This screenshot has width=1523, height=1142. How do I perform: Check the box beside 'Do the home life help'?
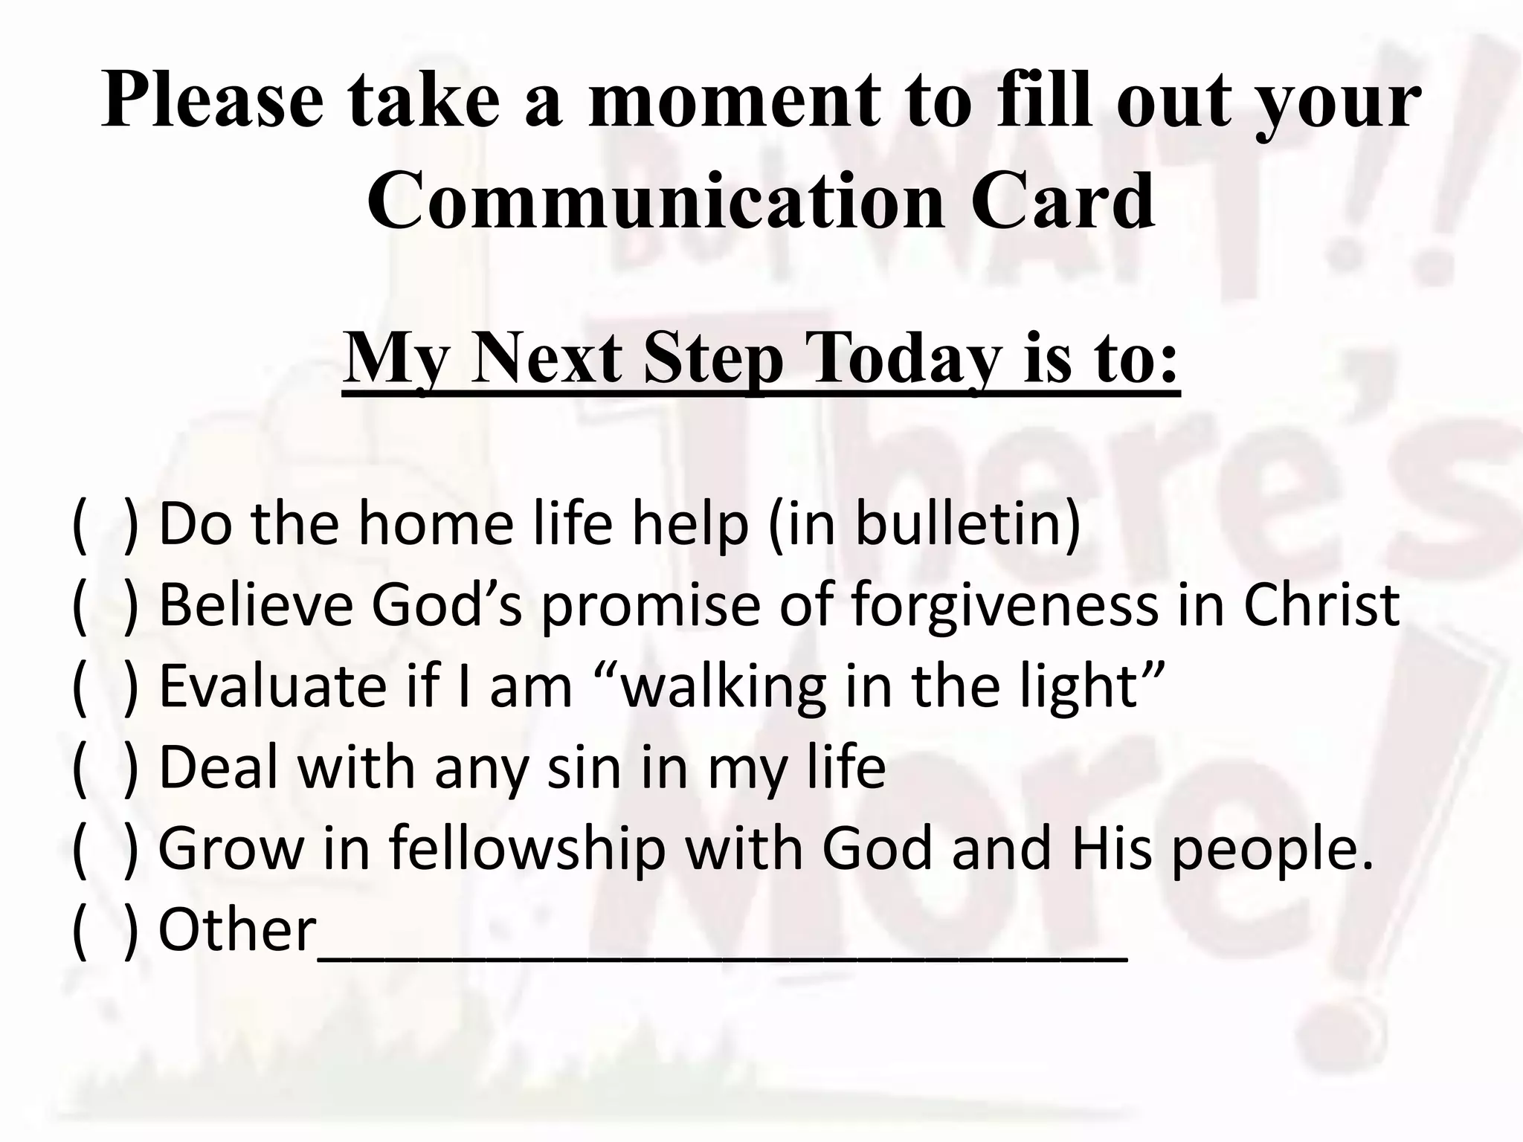(105, 526)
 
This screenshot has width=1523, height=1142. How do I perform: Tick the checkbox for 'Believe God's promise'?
(105, 607)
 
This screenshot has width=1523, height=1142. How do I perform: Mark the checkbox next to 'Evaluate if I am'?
(105, 688)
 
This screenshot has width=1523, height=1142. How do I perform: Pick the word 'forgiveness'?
(1005, 605)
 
